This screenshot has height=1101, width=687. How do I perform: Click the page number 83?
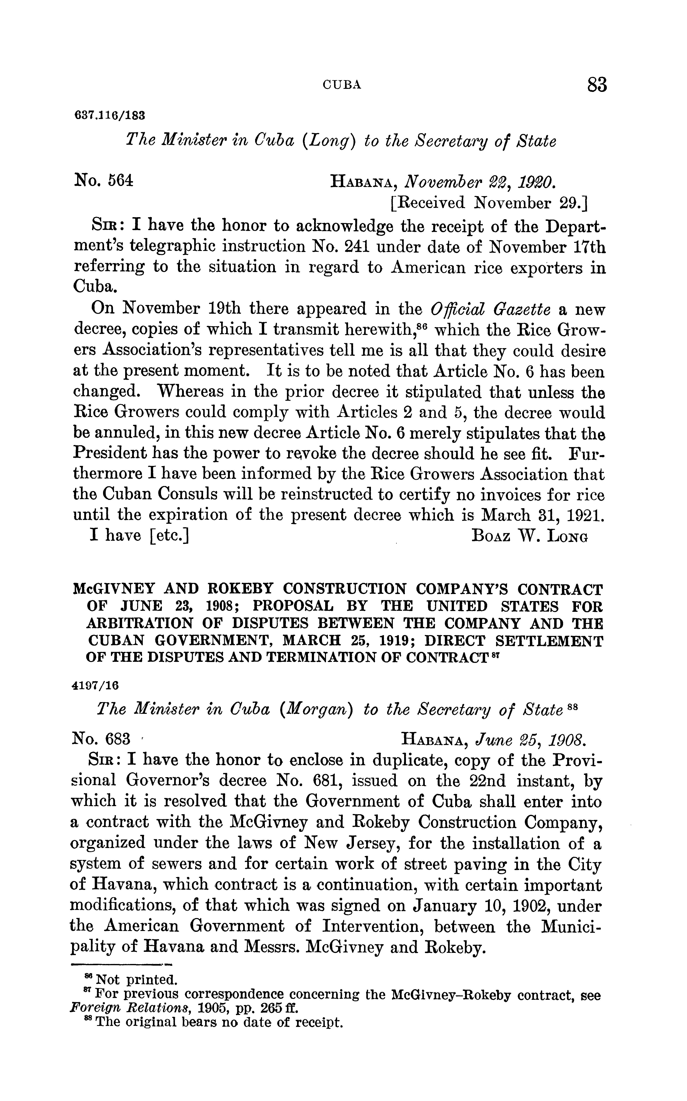pyautogui.click(x=596, y=85)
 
